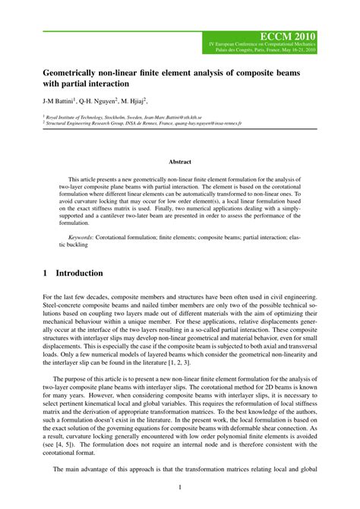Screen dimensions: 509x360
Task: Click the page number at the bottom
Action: tap(179, 487)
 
